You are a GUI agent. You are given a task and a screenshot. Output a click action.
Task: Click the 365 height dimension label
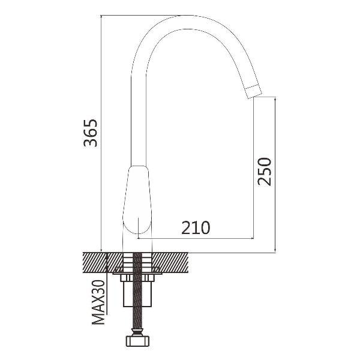point(91,133)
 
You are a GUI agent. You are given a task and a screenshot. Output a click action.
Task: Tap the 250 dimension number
point(264,171)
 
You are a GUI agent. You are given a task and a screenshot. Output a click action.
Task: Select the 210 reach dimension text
point(196,227)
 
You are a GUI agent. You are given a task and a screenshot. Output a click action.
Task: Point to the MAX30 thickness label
point(98,302)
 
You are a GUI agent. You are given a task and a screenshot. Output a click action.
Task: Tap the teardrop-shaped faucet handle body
point(137,199)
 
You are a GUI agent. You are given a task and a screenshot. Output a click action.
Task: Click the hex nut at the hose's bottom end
point(137,341)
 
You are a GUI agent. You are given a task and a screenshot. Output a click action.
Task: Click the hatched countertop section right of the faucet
point(170,263)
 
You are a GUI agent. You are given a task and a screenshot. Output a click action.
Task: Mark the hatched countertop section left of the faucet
point(103,263)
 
